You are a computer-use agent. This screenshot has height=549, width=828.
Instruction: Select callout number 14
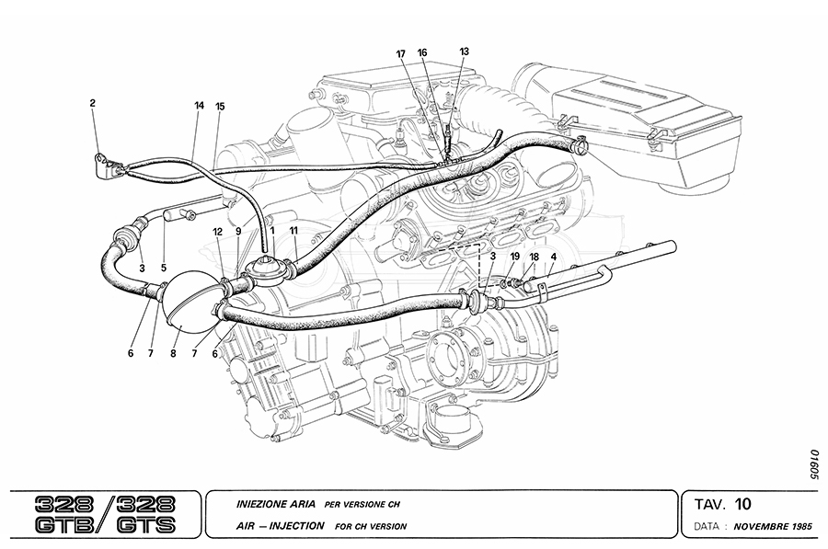(198, 106)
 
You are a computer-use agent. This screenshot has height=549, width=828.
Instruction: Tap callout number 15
(220, 106)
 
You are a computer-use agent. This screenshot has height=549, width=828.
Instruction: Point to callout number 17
(401, 54)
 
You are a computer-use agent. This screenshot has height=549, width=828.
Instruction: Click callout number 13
(464, 51)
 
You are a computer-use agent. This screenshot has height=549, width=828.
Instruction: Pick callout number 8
(174, 350)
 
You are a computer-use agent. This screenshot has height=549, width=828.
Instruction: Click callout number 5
(165, 269)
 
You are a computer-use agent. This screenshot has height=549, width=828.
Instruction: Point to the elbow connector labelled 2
(107, 166)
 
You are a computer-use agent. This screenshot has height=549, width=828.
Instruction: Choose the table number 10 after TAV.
(743, 503)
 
